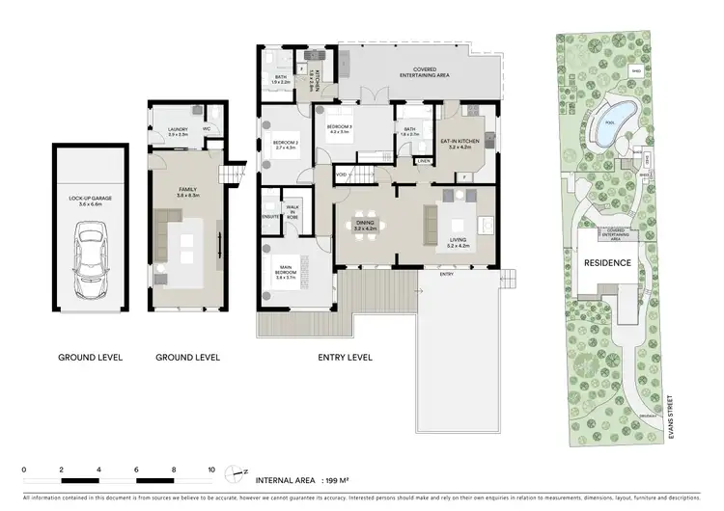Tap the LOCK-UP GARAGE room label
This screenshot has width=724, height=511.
coord(90,201)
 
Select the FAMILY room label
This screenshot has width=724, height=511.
coord(187,192)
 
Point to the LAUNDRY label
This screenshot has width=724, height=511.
coord(177,130)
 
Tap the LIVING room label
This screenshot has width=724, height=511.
coord(459,243)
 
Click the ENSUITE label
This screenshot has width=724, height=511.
coord(270,217)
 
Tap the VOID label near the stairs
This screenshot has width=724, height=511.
coord(342,174)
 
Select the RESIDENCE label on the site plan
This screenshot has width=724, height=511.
coord(608,262)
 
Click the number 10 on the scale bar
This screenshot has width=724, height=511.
coord(211,470)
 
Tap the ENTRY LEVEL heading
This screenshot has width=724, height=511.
coord(346,358)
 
